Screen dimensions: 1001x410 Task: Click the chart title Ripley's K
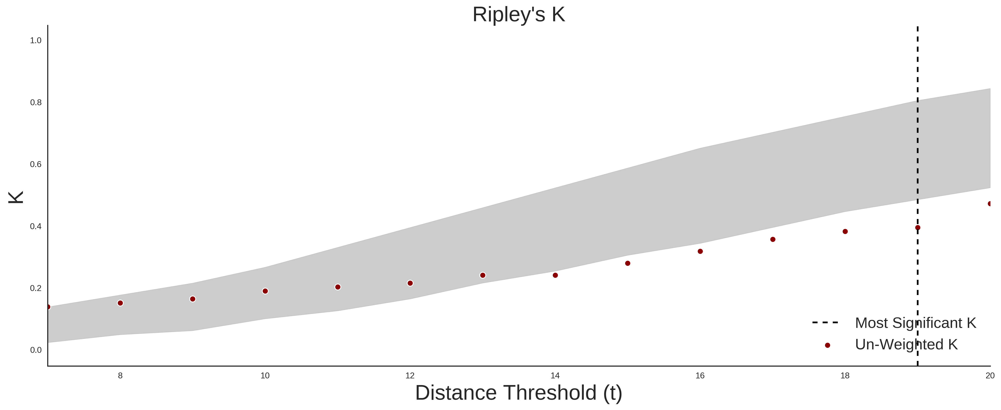pos(519,15)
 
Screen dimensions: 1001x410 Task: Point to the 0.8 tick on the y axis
pos(36,102)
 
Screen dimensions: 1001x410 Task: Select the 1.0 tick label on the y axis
pos(36,40)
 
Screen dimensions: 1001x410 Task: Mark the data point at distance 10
pos(265,291)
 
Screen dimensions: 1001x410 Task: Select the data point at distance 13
pos(483,275)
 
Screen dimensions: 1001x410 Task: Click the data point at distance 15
pos(628,263)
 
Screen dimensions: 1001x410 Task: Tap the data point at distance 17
pos(773,239)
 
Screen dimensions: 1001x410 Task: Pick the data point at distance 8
pos(120,303)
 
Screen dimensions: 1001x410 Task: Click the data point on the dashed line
pos(917,228)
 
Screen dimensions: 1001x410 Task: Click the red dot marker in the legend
pos(827,345)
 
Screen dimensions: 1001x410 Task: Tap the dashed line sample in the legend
pos(825,323)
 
